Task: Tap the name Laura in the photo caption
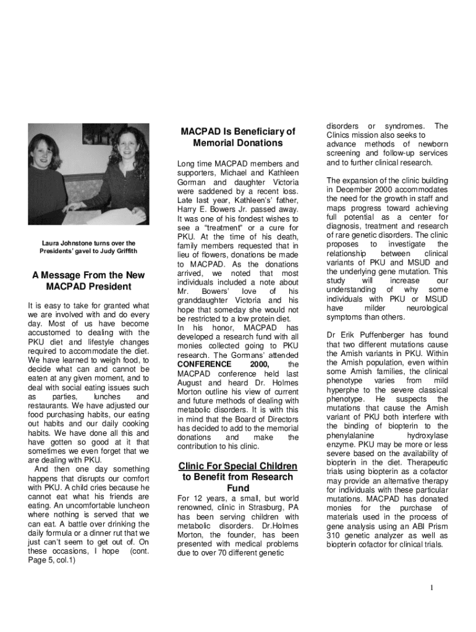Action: [53, 243]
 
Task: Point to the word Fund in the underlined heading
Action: [238, 488]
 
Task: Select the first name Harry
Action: [189, 209]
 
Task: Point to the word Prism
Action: [435, 526]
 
